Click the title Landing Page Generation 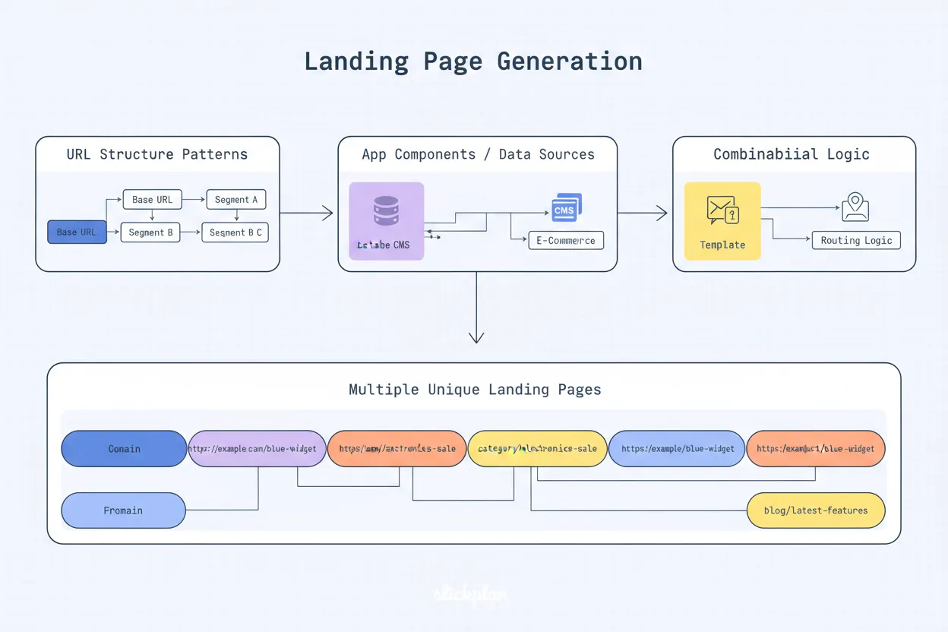[x=472, y=61]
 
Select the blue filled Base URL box [x=77, y=232]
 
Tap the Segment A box [x=236, y=200]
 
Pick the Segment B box [x=150, y=232]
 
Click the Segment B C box [x=235, y=232]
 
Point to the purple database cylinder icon [x=386, y=211]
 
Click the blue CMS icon [x=566, y=207]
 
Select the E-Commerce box [x=566, y=240]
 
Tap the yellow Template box [x=722, y=221]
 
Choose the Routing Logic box [x=856, y=240]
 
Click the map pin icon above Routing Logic [x=855, y=207]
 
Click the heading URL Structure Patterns [x=157, y=154]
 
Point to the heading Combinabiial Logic [x=792, y=154]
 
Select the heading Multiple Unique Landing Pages [x=475, y=390]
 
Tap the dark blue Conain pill [x=124, y=448]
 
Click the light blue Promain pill [x=123, y=510]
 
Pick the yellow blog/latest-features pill [x=816, y=510]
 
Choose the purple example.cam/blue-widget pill [x=258, y=448]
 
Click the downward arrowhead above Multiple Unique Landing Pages [x=476, y=337]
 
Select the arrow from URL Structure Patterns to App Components [x=307, y=213]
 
